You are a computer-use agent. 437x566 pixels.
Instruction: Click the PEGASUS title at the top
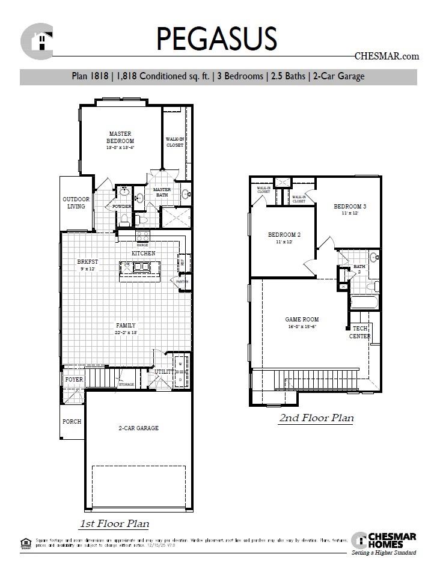216,38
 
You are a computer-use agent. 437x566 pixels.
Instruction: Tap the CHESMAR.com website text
387,56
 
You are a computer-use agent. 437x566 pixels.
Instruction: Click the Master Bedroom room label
120,138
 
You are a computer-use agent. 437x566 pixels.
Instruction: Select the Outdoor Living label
76,202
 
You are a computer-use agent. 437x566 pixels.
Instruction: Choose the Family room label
126,325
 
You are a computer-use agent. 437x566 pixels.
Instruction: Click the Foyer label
73,380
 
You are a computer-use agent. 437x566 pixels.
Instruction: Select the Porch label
72,421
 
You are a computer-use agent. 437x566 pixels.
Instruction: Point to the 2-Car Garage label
138,428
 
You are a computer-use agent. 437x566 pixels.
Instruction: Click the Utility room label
163,372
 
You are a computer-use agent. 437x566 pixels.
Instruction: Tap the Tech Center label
359,332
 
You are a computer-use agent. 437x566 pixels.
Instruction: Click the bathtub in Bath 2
364,302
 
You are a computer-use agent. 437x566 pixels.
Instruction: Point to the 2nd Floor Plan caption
316,418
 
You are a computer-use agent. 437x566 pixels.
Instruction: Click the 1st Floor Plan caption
114,523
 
